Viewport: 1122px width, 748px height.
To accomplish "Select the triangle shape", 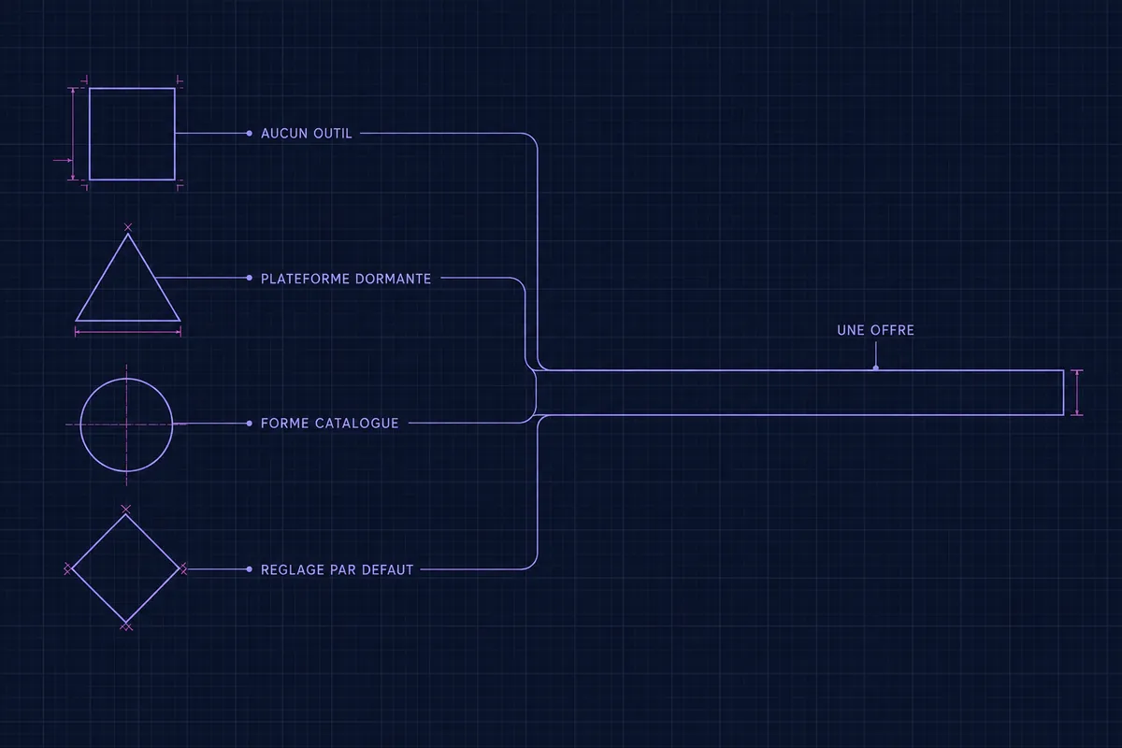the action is pyautogui.click(x=103, y=278).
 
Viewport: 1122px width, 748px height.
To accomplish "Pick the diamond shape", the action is pyautogui.click(x=98, y=542).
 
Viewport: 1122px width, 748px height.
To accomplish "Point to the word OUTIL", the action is pyautogui.click(x=333, y=134).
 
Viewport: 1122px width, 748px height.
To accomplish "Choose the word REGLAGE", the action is pyautogui.click(x=293, y=570).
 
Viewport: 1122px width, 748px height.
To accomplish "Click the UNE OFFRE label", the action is pyautogui.click(x=875, y=331).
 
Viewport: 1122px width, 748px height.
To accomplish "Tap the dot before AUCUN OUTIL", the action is pyautogui.click(x=250, y=134).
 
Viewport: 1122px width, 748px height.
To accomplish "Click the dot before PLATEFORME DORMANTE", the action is pyautogui.click(x=250, y=278).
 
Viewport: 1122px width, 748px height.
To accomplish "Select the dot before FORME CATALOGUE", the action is pyautogui.click(x=250, y=424).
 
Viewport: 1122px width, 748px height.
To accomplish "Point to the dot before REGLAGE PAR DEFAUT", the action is pyautogui.click(x=250, y=569).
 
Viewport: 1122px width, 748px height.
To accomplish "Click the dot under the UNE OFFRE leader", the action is pyautogui.click(x=875, y=368).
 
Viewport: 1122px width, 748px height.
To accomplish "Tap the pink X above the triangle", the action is pyautogui.click(x=128, y=227).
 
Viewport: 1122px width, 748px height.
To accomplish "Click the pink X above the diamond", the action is pyautogui.click(x=125, y=509).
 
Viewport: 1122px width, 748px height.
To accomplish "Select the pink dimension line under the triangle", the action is pyautogui.click(x=128, y=332).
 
